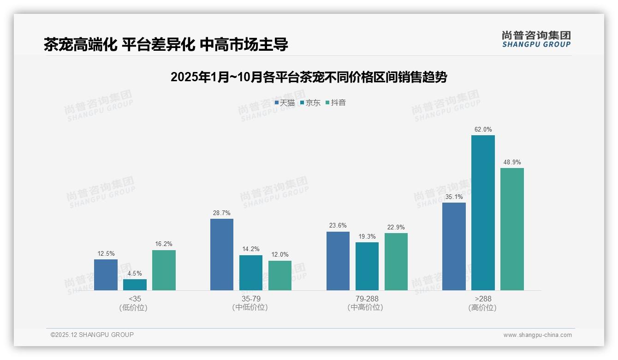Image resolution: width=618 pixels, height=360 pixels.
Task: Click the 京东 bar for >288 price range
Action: [483, 213]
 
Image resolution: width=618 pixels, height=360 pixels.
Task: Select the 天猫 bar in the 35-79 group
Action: [222, 254]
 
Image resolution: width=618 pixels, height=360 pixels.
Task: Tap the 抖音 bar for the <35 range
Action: [164, 270]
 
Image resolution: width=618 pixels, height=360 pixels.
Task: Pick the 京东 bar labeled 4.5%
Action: [135, 285]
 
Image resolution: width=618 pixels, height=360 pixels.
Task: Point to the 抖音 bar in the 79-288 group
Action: [396, 262]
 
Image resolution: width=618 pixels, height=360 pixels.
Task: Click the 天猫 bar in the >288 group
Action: [454, 246]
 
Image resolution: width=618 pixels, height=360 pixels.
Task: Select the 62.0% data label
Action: [483, 130]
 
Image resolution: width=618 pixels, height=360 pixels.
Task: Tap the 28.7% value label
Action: [222, 213]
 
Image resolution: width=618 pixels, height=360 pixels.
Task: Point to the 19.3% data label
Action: [367, 237]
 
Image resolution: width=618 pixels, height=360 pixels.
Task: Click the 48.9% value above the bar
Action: [512, 162]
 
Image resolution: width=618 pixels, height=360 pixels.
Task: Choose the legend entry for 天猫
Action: [285, 103]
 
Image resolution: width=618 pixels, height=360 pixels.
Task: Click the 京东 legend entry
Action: [310, 103]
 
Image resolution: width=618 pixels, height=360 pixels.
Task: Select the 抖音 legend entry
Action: [336, 103]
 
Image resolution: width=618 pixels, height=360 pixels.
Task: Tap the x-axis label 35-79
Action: [250, 299]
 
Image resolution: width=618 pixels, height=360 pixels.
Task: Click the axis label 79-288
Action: [367, 299]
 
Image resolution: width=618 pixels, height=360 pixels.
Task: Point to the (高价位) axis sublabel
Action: [482, 308]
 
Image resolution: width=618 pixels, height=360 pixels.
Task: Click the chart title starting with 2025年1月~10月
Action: [309, 77]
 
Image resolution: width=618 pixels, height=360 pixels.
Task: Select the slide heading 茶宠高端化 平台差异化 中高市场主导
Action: [166, 45]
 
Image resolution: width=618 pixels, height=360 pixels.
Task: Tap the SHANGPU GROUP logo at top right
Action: [536, 39]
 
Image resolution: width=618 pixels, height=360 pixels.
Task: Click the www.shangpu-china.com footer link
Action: [537, 335]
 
